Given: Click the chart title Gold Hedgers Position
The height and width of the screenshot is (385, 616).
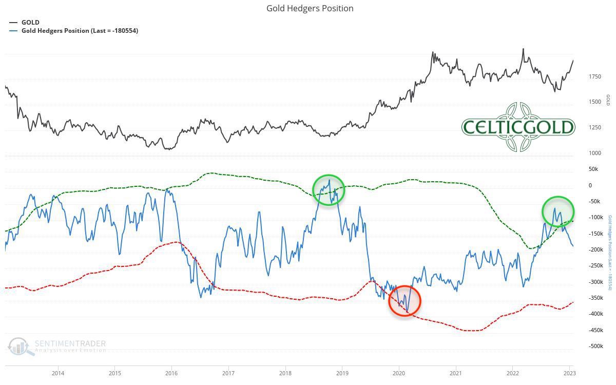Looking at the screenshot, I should tap(310, 8).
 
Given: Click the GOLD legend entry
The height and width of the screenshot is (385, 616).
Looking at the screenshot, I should tap(30, 23).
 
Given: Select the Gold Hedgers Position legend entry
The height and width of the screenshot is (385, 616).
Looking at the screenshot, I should tap(80, 31).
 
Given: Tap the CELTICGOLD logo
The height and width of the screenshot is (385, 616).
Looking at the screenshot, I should tap(518, 127).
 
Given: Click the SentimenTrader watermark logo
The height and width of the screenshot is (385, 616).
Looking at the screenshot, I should tap(56, 346).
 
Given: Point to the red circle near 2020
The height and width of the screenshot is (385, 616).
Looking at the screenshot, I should tap(405, 301).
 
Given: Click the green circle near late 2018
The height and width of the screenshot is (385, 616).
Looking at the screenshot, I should tap(329, 190).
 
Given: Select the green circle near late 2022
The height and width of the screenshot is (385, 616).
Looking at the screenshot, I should tap(557, 211).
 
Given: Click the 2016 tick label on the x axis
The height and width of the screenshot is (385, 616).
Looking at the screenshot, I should tap(171, 373).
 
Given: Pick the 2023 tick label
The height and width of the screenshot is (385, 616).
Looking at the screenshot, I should tap(569, 373).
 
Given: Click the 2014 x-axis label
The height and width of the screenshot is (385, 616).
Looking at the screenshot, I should tap(58, 373).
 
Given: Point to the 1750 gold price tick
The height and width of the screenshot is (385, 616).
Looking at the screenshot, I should tap(595, 77).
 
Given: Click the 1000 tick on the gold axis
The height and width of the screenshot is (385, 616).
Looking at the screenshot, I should tap(595, 153).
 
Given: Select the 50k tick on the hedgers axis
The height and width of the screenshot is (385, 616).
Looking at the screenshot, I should tap(593, 169).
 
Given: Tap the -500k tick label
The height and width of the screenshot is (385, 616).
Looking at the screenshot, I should tap(596, 346).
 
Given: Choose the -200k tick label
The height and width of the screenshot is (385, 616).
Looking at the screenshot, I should tap(596, 250).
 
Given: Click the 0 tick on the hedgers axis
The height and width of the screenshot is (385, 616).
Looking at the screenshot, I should tap(590, 185).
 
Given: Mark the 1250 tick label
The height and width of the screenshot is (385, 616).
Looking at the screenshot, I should tap(595, 128).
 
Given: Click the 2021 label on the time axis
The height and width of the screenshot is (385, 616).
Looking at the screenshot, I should tap(455, 373).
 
